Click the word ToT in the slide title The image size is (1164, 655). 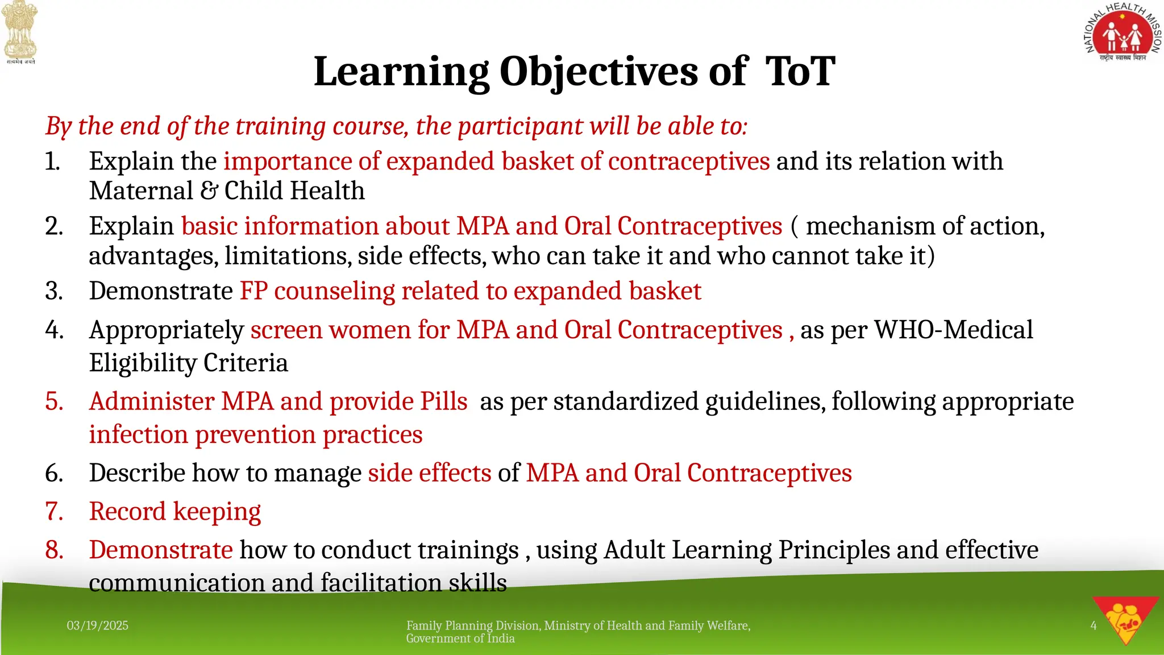(800, 72)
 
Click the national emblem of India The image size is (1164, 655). (20, 31)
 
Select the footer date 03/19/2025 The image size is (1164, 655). (97, 625)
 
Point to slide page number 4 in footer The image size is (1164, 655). (1093, 625)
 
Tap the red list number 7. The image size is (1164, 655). (53, 511)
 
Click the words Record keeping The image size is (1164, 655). (174, 511)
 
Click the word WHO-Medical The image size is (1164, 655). (953, 330)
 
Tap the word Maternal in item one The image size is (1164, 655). (141, 190)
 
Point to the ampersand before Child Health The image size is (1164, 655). (209, 190)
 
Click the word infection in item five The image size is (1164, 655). (138, 434)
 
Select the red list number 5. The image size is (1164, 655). (53, 401)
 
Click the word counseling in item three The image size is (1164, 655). (334, 291)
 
